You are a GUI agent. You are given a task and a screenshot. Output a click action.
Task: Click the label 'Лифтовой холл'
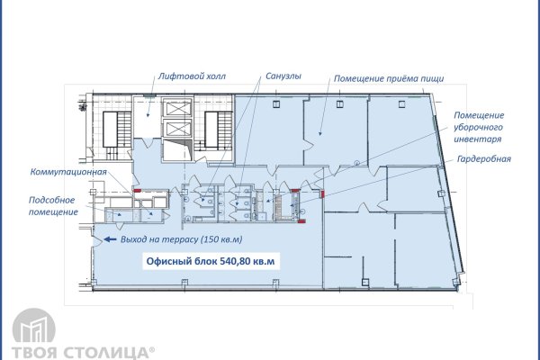192,76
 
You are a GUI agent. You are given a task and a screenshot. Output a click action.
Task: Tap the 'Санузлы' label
283,76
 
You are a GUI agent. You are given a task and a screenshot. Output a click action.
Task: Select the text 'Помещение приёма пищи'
389,78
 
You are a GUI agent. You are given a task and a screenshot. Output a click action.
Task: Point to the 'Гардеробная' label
484,158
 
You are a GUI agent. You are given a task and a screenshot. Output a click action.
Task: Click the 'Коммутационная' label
68,172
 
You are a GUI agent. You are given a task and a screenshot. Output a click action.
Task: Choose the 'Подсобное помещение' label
53,206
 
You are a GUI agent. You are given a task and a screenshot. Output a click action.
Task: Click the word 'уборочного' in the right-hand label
478,128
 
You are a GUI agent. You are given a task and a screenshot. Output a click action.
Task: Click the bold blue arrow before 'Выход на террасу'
110,239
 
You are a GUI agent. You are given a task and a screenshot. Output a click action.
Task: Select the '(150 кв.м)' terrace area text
221,239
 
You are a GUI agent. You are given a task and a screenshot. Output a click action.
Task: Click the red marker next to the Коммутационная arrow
137,190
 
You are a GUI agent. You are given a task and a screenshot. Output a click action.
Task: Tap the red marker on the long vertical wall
323,194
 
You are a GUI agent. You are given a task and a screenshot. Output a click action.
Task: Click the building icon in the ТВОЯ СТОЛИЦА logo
34,326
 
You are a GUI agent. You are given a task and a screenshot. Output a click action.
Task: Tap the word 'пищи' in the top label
433,79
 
